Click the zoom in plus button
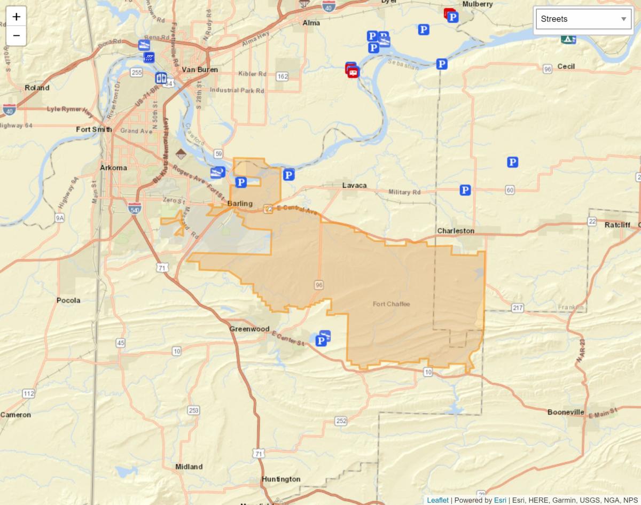click(x=16, y=17)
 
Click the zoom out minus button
click(x=16, y=36)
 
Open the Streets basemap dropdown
click(x=583, y=19)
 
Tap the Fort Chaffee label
click(x=391, y=304)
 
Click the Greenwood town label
click(x=249, y=329)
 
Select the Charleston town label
click(x=455, y=231)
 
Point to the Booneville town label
click(x=566, y=412)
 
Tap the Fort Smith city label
click(x=94, y=129)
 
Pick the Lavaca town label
click(x=354, y=185)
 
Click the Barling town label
click(x=239, y=204)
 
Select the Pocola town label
click(x=68, y=300)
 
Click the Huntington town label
click(x=281, y=479)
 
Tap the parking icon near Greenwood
click(x=322, y=340)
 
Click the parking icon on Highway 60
click(x=465, y=190)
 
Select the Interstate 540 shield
click(x=135, y=208)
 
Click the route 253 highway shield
click(x=193, y=410)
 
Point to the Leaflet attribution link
click(x=437, y=500)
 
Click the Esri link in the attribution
click(x=499, y=500)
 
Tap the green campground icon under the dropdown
click(x=568, y=39)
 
